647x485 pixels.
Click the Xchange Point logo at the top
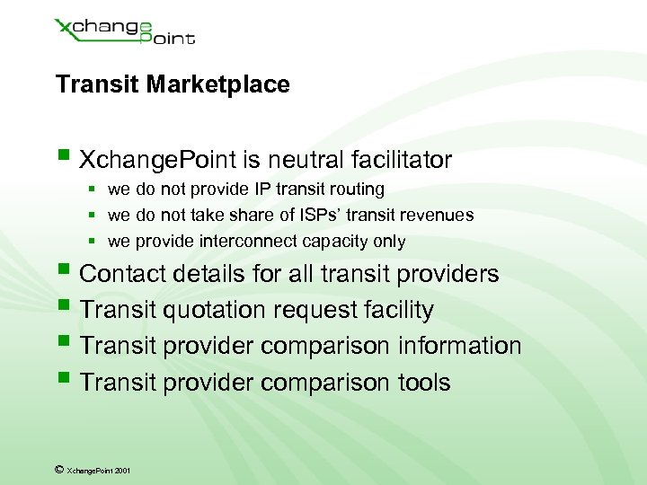point(125,31)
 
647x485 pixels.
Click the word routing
point(356,190)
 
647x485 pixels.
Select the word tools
point(423,383)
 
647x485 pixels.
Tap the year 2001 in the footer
point(122,470)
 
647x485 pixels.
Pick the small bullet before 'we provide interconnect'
point(93,242)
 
